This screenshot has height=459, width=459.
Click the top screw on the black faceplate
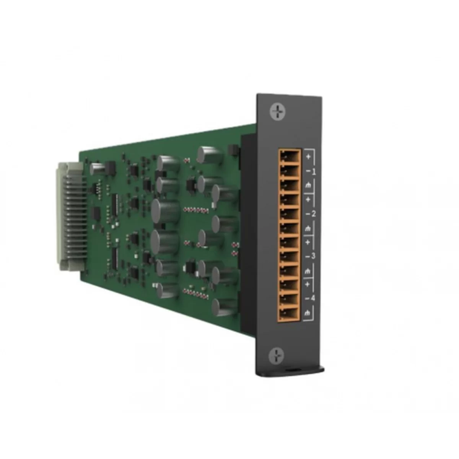pos(277,111)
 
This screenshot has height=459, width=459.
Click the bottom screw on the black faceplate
pos(276,356)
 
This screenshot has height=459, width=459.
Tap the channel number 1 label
pos(314,172)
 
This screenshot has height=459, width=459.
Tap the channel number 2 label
pos(314,214)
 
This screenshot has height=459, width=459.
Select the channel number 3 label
pos(313,256)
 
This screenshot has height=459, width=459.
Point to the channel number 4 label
pos(313,298)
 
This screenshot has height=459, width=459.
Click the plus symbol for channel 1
pos(308,157)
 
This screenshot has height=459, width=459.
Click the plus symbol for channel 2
pos(308,199)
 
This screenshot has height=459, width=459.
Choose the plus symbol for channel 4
pos(307,284)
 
